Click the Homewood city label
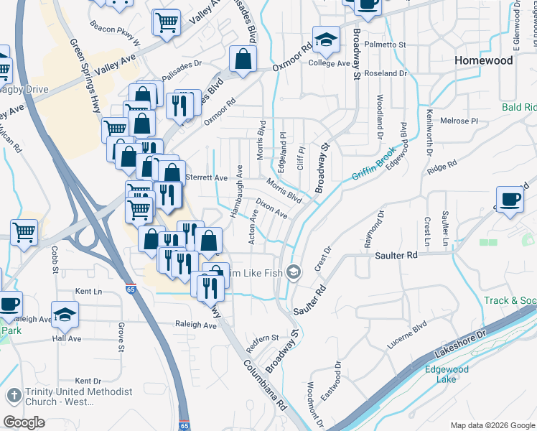click(484, 61)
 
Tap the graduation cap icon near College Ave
click(326, 40)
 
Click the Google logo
click(24, 422)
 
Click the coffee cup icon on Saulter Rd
click(510, 200)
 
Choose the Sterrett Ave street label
click(206, 177)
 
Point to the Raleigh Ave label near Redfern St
click(195, 325)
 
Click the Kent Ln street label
click(89, 292)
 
